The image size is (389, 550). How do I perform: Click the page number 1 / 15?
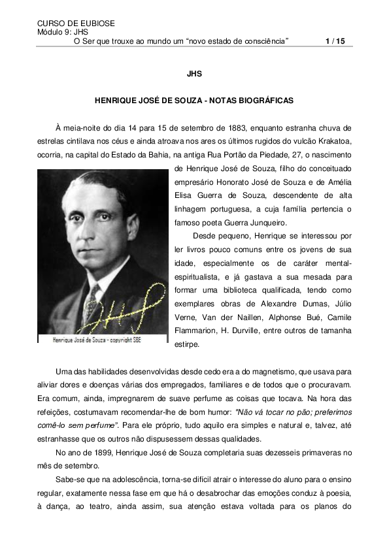pos(335,41)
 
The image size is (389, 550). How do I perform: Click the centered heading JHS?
pos(194,74)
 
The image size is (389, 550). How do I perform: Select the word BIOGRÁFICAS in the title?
pos(262,101)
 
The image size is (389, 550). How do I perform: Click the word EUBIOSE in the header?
pos(93,24)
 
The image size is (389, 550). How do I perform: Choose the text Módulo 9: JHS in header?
pos(63,32)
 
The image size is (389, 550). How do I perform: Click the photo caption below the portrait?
pos(97,340)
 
